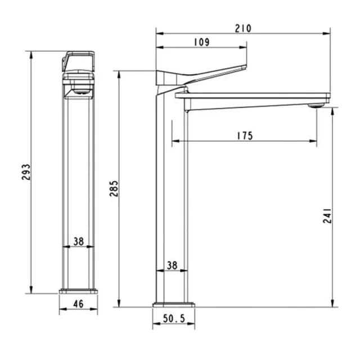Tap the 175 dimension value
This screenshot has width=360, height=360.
[x=245, y=136]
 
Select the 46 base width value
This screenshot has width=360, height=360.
[x=78, y=304]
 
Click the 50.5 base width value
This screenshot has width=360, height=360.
[x=174, y=318]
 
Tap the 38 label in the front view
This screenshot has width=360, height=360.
[x=78, y=242]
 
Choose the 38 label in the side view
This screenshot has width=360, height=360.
[x=172, y=264]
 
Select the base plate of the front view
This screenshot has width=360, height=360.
[x=78, y=291]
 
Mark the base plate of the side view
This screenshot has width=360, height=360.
[x=173, y=304]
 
